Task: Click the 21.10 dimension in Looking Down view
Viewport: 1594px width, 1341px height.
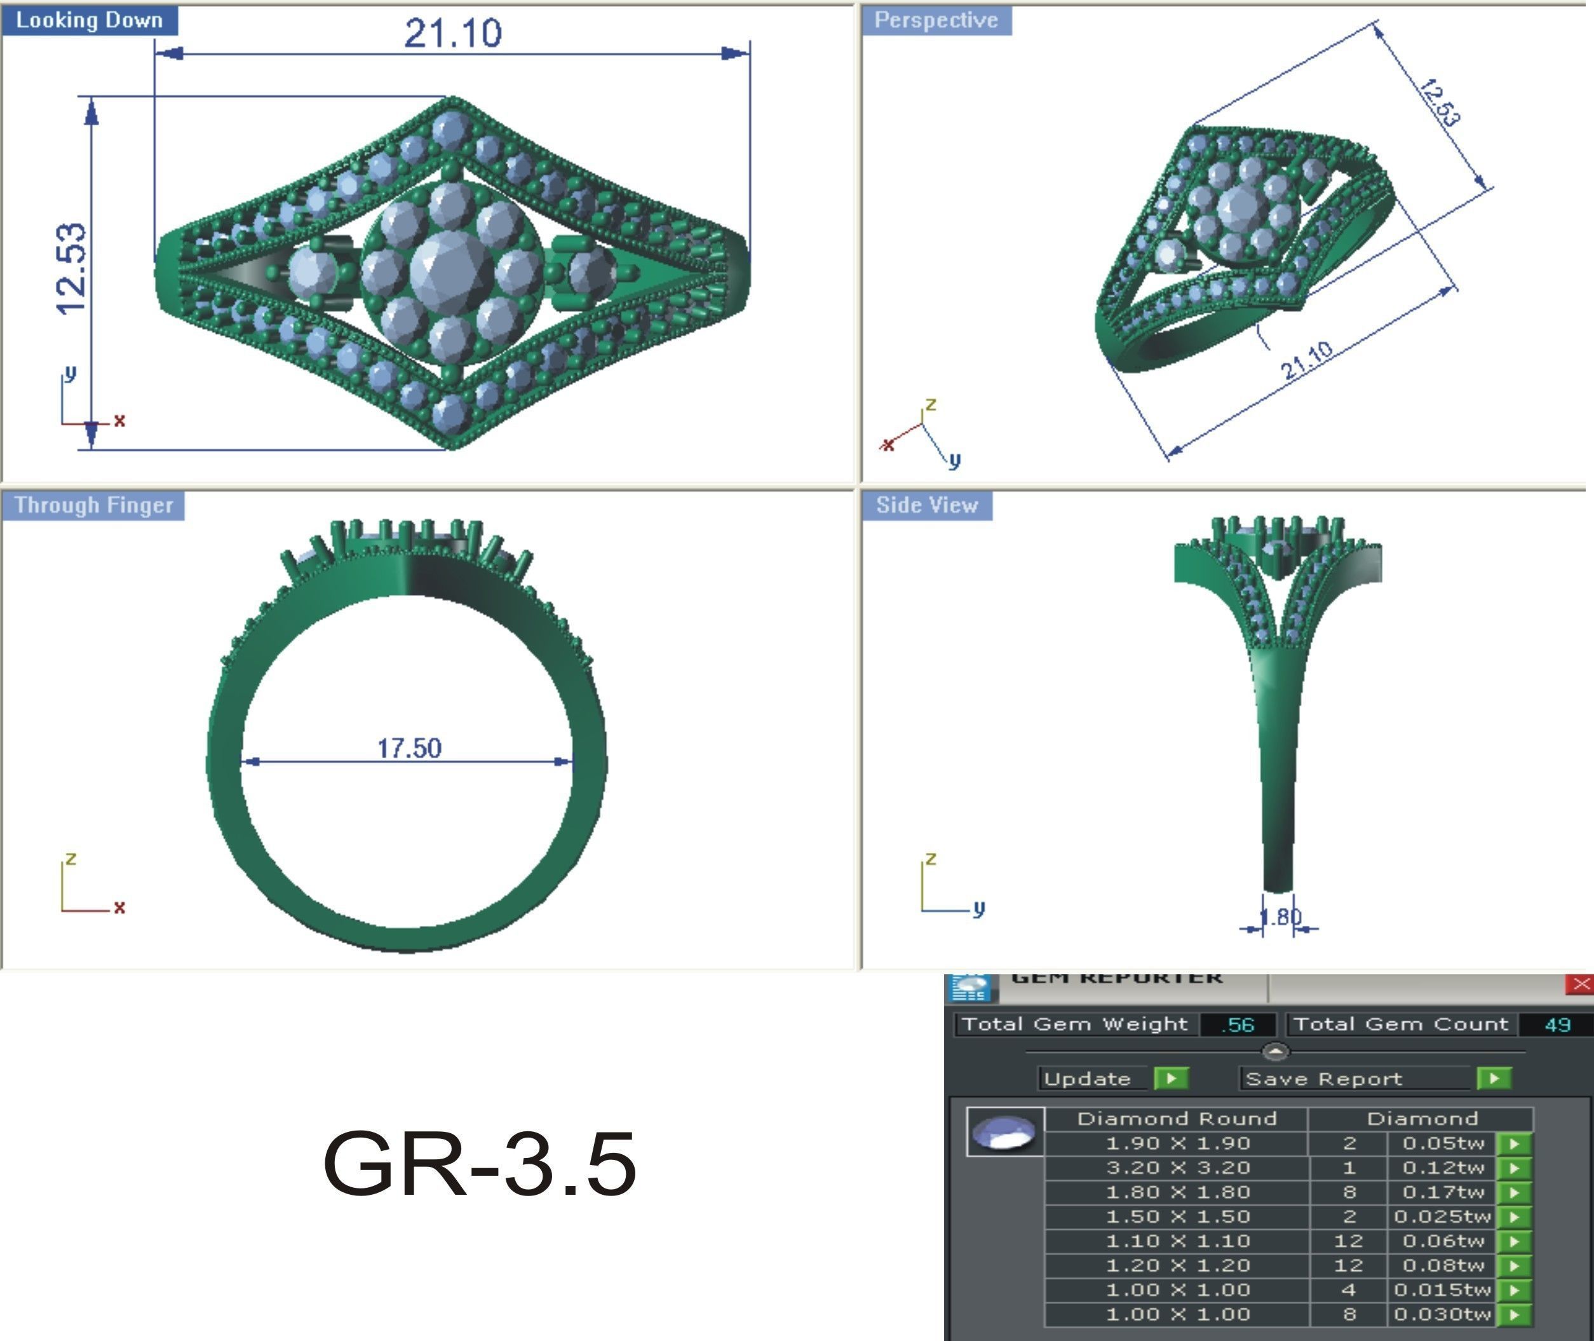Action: pyautogui.click(x=453, y=34)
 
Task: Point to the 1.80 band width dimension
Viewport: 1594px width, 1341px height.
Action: pyautogui.click(x=1281, y=917)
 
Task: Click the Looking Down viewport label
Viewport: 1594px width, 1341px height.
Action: pyautogui.click(x=89, y=20)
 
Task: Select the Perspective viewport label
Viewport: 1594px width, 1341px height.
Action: pyautogui.click(x=935, y=20)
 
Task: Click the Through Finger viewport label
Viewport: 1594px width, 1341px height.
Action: pyautogui.click(x=93, y=505)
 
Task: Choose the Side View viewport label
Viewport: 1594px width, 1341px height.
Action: pyautogui.click(x=926, y=505)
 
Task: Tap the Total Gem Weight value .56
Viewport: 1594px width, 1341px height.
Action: pyautogui.click(x=1238, y=1024)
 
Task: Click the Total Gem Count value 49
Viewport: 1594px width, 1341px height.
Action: pyautogui.click(x=1557, y=1024)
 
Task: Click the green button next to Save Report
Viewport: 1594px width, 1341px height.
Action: pyautogui.click(x=1494, y=1078)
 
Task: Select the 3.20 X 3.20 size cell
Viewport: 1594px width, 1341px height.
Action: pyautogui.click(x=1177, y=1167)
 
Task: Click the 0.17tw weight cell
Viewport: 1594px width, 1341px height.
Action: pyautogui.click(x=1442, y=1192)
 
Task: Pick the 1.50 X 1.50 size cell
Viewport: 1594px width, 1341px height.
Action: pyautogui.click(x=1177, y=1216)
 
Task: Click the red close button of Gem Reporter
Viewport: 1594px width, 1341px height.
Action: pyautogui.click(x=1581, y=984)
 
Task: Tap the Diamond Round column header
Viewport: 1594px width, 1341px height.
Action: pyautogui.click(x=1176, y=1119)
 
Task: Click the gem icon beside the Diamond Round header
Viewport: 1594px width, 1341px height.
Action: pyautogui.click(x=1004, y=1132)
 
